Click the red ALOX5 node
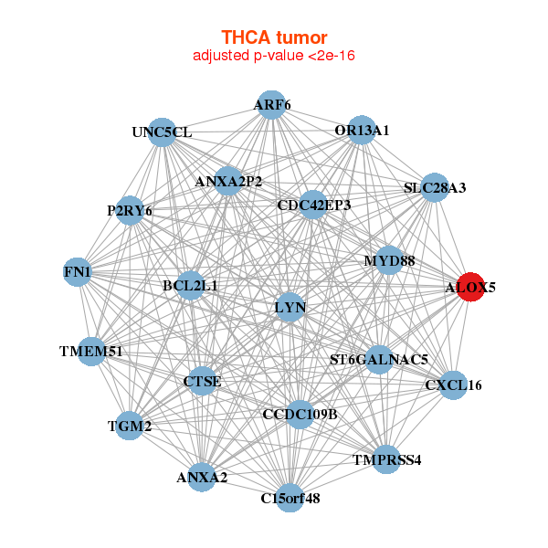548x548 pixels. [x=470, y=287]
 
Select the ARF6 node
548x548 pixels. [x=271, y=105]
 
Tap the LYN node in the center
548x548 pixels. [x=290, y=308]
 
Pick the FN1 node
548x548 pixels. [x=78, y=272]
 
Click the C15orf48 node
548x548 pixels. [x=290, y=498]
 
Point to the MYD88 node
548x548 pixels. [x=389, y=260]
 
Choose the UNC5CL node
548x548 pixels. [x=162, y=132]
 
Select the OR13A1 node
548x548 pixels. [x=362, y=130]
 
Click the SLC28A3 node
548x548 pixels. [x=435, y=187]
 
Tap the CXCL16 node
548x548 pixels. [x=453, y=385]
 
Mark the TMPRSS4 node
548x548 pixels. [x=386, y=459]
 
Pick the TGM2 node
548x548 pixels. [x=130, y=426]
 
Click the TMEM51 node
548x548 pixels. [x=91, y=352]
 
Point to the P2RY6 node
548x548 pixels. [x=130, y=211]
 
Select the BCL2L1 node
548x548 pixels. [x=191, y=286]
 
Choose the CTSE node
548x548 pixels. [x=203, y=381]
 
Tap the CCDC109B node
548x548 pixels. [x=300, y=415]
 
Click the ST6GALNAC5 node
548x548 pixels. [x=379, y=360]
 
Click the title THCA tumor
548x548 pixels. [x=274, y=37]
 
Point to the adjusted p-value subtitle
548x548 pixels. [x=274, y=56]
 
